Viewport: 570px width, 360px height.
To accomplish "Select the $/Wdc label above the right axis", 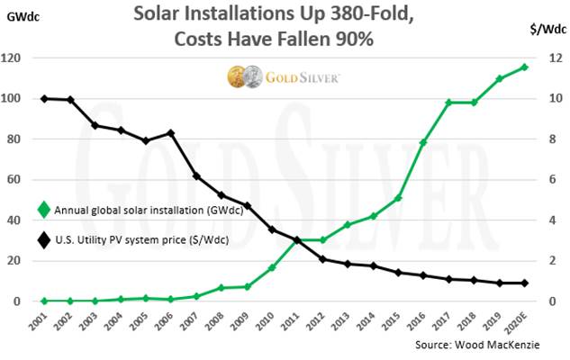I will [538, 28].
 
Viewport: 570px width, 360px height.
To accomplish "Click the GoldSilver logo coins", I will [242, 76].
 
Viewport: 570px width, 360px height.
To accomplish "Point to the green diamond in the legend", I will [43, 210].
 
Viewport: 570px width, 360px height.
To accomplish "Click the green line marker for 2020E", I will [525, 67].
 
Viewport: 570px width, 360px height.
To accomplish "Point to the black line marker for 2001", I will [45, 98].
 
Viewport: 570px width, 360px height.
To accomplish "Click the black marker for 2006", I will [171, 133].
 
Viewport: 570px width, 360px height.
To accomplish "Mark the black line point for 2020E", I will [525, 283].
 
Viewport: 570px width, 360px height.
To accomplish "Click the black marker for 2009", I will [247, 206].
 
